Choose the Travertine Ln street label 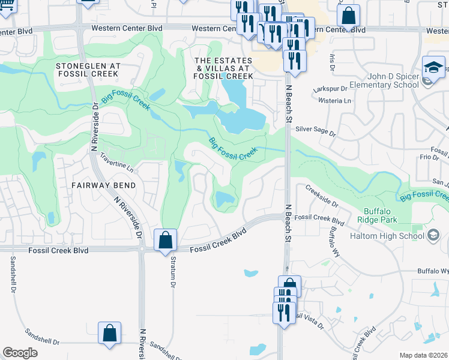coord(116,162)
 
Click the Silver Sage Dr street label coord(315,130)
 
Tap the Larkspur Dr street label coord(331,89)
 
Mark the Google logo coord(20,353)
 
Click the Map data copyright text coord(424,355)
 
